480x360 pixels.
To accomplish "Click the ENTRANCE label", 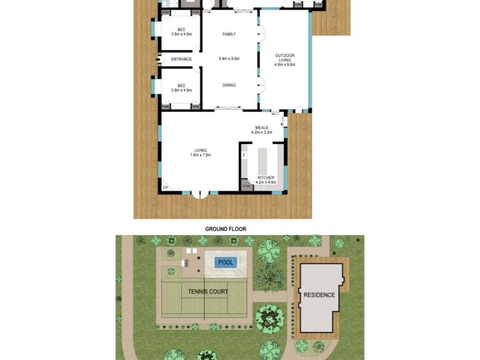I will [181, 59].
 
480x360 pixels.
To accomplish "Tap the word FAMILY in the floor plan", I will [229, 34].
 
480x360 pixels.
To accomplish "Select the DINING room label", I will [229, 85].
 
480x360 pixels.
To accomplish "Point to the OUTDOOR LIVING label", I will [284, 58].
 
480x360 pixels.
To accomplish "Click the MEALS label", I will [261, 127].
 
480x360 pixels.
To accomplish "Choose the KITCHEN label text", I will [265, 178].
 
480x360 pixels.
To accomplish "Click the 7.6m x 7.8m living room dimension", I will [200, 155].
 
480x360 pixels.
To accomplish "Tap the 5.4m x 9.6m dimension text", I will [229, 59].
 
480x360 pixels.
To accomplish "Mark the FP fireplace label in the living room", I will [166, 188].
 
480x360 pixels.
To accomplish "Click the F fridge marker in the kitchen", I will [244, 156].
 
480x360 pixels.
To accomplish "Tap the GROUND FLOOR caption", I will [226, 229].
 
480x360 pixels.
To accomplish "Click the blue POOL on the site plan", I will [226, 262].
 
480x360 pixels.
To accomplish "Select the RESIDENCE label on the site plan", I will [319, 295].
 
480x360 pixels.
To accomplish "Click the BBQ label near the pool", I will [187, 263].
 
